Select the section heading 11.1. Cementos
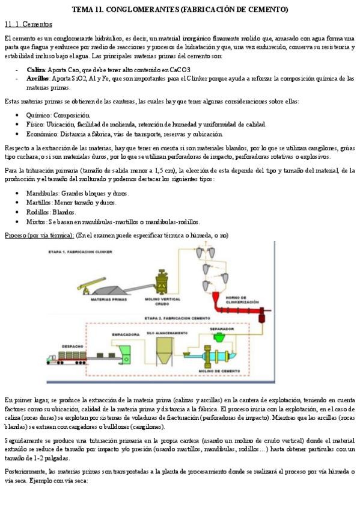pyautogui.click(x=28, y=25)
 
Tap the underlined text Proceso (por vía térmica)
pyautogui.click(x=39, y=235)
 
